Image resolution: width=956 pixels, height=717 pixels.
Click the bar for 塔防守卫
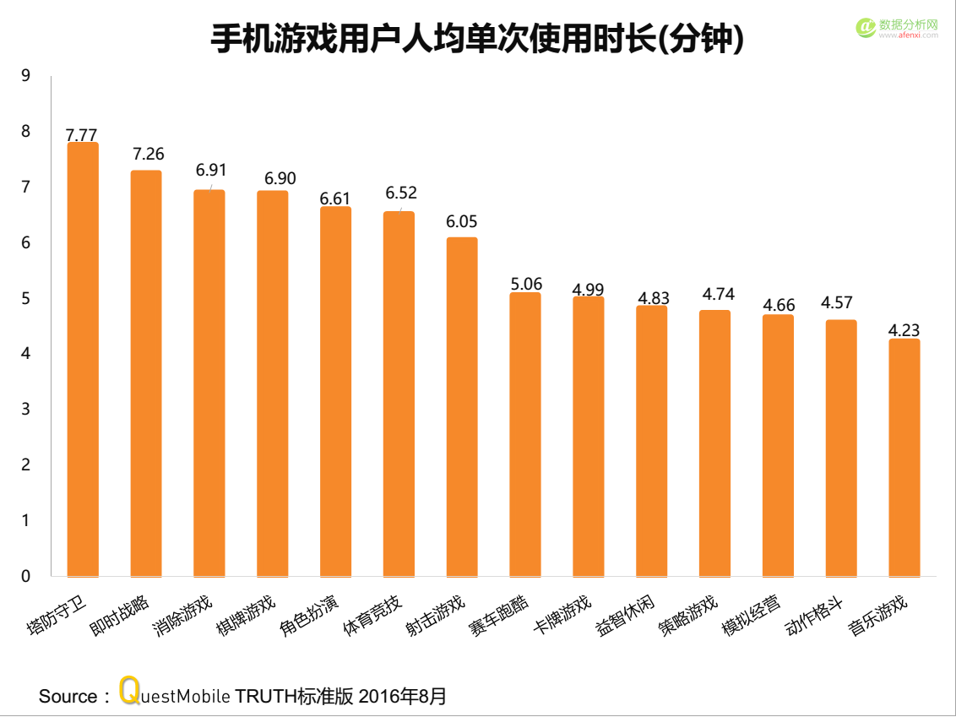(83, 359)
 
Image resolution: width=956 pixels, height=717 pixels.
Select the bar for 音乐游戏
(904, 457)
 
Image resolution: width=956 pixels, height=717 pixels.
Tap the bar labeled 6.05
(462, 406)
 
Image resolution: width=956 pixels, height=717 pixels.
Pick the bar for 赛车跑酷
(525, 434)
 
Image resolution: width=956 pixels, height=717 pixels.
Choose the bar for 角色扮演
(335, 391)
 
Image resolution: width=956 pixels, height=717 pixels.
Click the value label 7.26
(148, 154)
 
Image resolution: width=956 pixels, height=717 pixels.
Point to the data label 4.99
(588, 290)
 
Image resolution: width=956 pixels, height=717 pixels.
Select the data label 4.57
(841, 303)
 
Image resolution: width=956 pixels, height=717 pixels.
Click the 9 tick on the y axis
(25, 76)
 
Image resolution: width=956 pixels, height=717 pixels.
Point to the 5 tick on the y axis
(25, 299)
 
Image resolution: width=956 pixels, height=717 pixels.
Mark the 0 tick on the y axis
(25, 577)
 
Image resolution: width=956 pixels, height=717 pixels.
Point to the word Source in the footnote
(68, 697)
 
